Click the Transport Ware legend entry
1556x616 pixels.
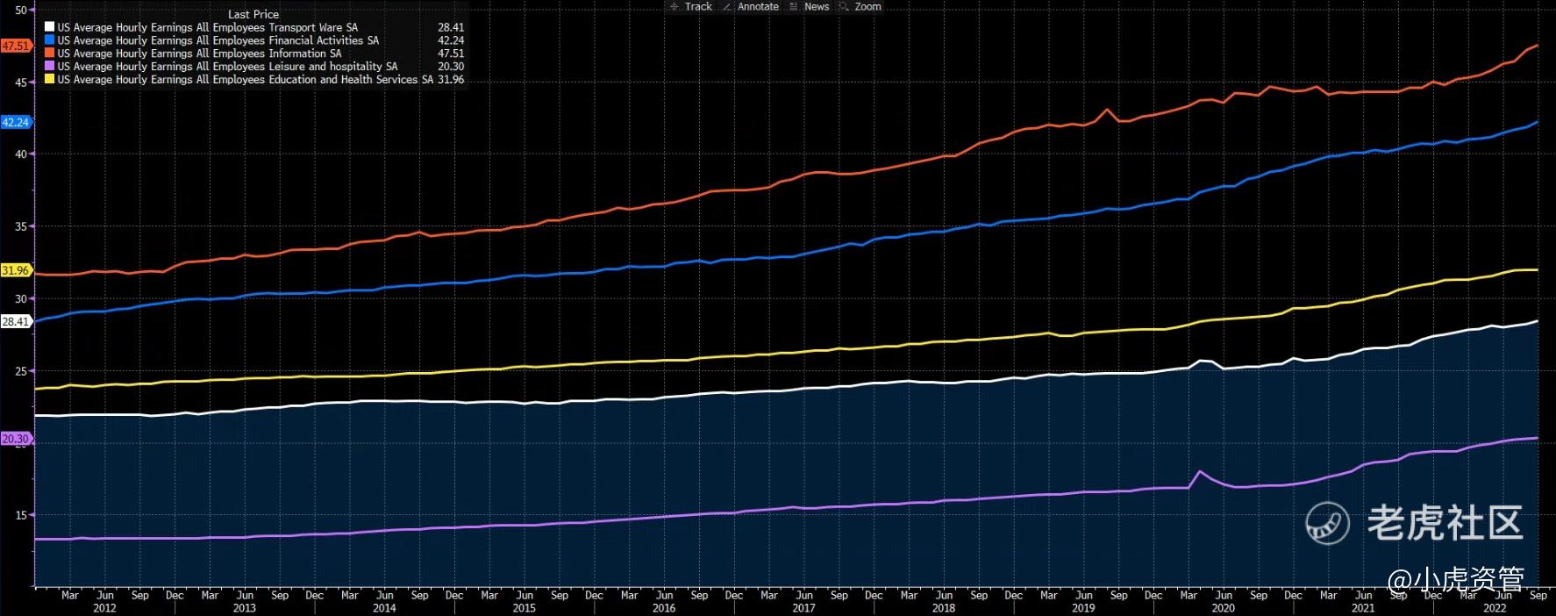pos(207,27)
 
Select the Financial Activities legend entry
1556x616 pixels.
pos(218,40)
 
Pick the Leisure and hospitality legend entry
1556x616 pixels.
pos(227,66)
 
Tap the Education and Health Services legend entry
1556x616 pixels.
pos(245,79)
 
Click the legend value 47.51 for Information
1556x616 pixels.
pos(451,54)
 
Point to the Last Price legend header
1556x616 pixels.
pos(253,14)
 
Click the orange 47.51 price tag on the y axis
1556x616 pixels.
pos(16,46)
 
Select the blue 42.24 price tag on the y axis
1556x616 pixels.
pos(16,122)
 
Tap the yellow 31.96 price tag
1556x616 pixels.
pos(16,270)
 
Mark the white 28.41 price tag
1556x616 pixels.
pos(16,322)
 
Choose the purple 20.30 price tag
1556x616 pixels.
pos(16,439)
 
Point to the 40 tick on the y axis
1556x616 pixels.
pos(20,154)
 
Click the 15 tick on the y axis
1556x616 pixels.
pos(20,515)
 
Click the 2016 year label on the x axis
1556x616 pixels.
pos(664,607)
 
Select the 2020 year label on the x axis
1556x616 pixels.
pos(1223,607)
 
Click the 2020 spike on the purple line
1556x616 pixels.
pos(1200,472)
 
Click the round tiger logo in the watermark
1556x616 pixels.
pos(1327,523)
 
